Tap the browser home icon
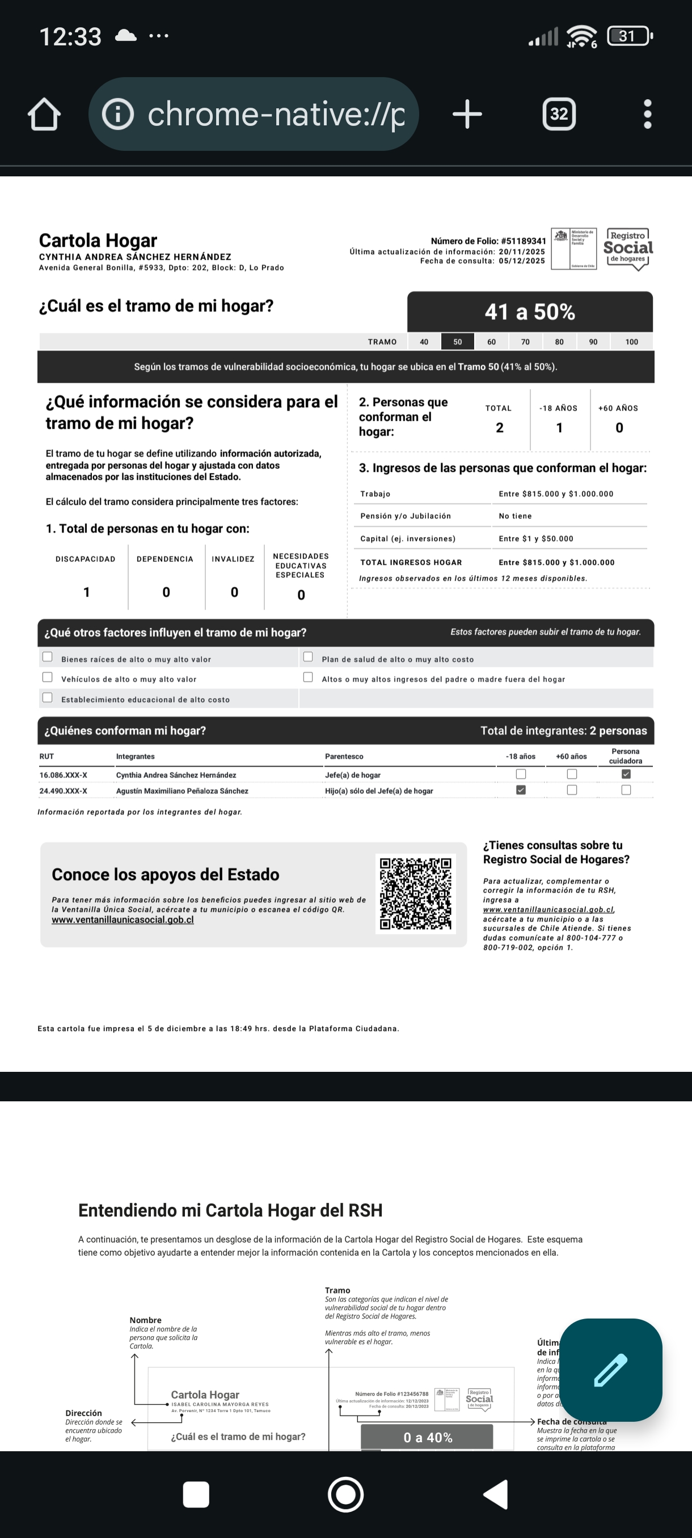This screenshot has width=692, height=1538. click(x=44, y=113)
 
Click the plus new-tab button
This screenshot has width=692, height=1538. click(x=467, y=113)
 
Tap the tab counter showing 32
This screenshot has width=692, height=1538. click(x=559, y=113)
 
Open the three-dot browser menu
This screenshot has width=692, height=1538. click(x=647, y=113)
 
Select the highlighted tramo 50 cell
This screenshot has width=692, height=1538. click(x=457, y=341)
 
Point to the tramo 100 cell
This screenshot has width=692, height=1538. click(x=631, y=341)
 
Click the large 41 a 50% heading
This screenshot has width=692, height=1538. click(x=530, y=312)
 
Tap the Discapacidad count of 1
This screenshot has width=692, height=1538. click(x=87, y=591)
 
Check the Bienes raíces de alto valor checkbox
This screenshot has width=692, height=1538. click(x=48, y=657)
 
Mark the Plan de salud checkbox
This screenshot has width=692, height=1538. click(x=308, y=657)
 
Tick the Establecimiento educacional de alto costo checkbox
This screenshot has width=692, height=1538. click(x=48, y=698)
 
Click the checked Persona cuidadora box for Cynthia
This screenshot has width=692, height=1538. click(x=626, y=774)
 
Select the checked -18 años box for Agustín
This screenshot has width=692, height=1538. click(x=521, y=790)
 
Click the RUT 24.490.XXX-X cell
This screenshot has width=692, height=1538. click(x=64, y=791)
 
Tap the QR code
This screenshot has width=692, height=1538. click(x=416, y=894)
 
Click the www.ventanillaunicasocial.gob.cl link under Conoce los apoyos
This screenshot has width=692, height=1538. click(x=123, y=919)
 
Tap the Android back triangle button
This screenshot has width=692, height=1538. click(x=496, y=1494)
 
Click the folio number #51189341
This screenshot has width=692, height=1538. click(x=523, y=241)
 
